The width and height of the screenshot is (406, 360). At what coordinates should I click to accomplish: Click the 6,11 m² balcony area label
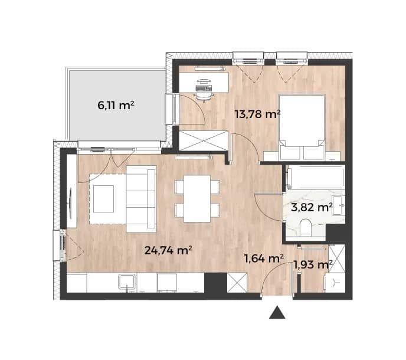point(116,106)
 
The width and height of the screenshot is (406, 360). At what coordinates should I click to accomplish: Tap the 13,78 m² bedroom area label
point(258,114)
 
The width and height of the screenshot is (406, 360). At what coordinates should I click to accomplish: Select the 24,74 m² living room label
point(168,250)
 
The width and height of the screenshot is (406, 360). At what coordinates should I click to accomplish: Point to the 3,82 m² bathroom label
point(312,207)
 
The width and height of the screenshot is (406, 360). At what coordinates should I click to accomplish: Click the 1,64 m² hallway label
point(264,258)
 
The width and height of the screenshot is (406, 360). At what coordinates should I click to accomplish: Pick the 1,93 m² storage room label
point(313,264)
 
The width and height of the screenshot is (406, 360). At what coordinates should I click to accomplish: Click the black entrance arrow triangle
point(277,312)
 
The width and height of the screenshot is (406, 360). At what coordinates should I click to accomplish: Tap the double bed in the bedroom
point(302,127)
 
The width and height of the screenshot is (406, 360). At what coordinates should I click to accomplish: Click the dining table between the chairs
point(197,198)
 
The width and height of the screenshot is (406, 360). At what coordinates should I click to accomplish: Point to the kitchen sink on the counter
point(127,282)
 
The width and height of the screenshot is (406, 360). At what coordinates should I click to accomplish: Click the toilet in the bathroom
point(306,228)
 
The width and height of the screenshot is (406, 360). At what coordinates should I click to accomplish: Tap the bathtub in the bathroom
point(316,177)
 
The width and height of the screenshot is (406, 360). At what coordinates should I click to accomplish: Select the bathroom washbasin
point(338,205)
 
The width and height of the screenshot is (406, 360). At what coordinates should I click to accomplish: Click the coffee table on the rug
point(104,199)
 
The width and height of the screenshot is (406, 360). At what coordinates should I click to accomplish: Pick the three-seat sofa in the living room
point(142,199)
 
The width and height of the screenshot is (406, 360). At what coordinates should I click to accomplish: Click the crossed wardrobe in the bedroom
point(204,140)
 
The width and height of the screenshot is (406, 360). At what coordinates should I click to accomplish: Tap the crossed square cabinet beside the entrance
point(237,283)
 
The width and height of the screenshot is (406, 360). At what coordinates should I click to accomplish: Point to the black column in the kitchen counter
point(215,283)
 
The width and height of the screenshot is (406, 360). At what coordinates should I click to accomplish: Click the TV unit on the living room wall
point(72,191)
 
